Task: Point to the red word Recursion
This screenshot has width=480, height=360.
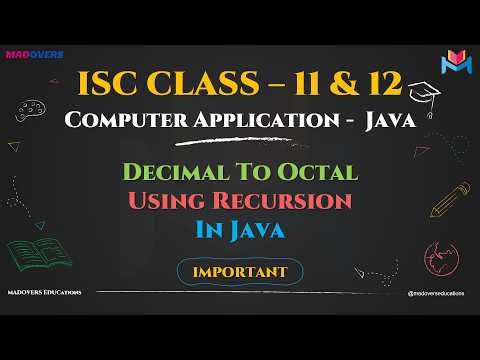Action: [x=288, y=201]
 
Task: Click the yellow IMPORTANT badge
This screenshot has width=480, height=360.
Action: [x=239, y=270]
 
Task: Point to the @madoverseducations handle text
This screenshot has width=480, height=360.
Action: [x=439, y=293]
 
